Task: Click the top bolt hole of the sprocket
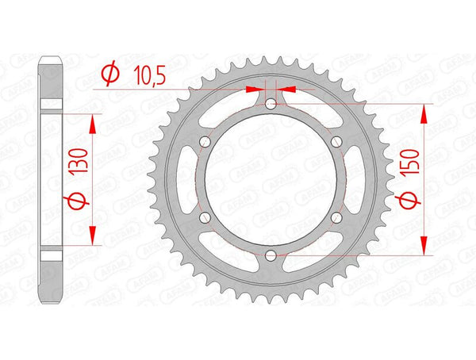coord(271,103)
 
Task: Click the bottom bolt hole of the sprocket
coord(271,255)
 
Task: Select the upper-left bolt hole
coord(205,141)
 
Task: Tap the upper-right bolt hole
coord(337,141)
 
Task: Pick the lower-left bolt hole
coord(205,216)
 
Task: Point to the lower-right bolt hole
coord(337,216)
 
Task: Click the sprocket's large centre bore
coord(271,179)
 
